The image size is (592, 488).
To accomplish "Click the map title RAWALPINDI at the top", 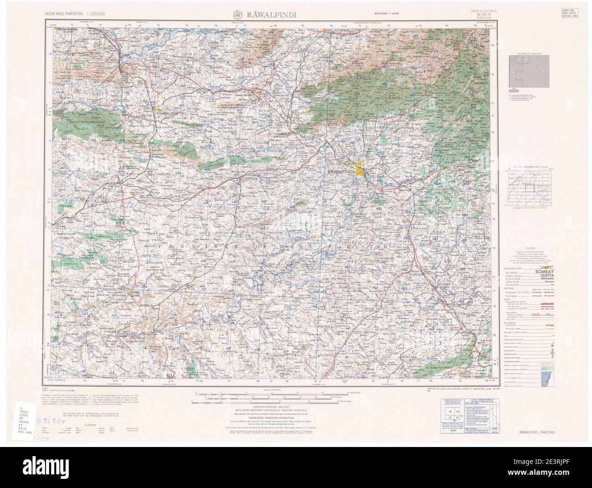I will click(272, 14).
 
